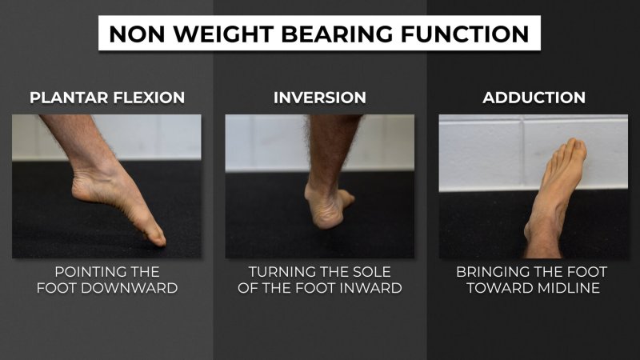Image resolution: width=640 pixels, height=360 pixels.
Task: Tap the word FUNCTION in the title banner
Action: [x=465, y=34]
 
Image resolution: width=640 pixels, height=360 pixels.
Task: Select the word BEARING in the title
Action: [x=337, y=34]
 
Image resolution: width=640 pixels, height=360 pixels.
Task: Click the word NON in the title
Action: [x=137, y=34]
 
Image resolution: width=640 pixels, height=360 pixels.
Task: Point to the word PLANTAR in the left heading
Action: [x=69, y=98]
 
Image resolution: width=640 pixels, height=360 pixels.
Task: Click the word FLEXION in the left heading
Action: [x=149, y=98]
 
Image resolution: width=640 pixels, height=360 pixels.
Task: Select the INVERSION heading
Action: [x=319, y=98]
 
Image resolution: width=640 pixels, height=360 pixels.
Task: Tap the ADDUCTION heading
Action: [x=534, y=98]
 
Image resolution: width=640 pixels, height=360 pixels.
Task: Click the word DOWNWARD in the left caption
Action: [x=130, y=288]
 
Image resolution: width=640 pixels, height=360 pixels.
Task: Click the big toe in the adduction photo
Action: [x=579, y=148]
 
